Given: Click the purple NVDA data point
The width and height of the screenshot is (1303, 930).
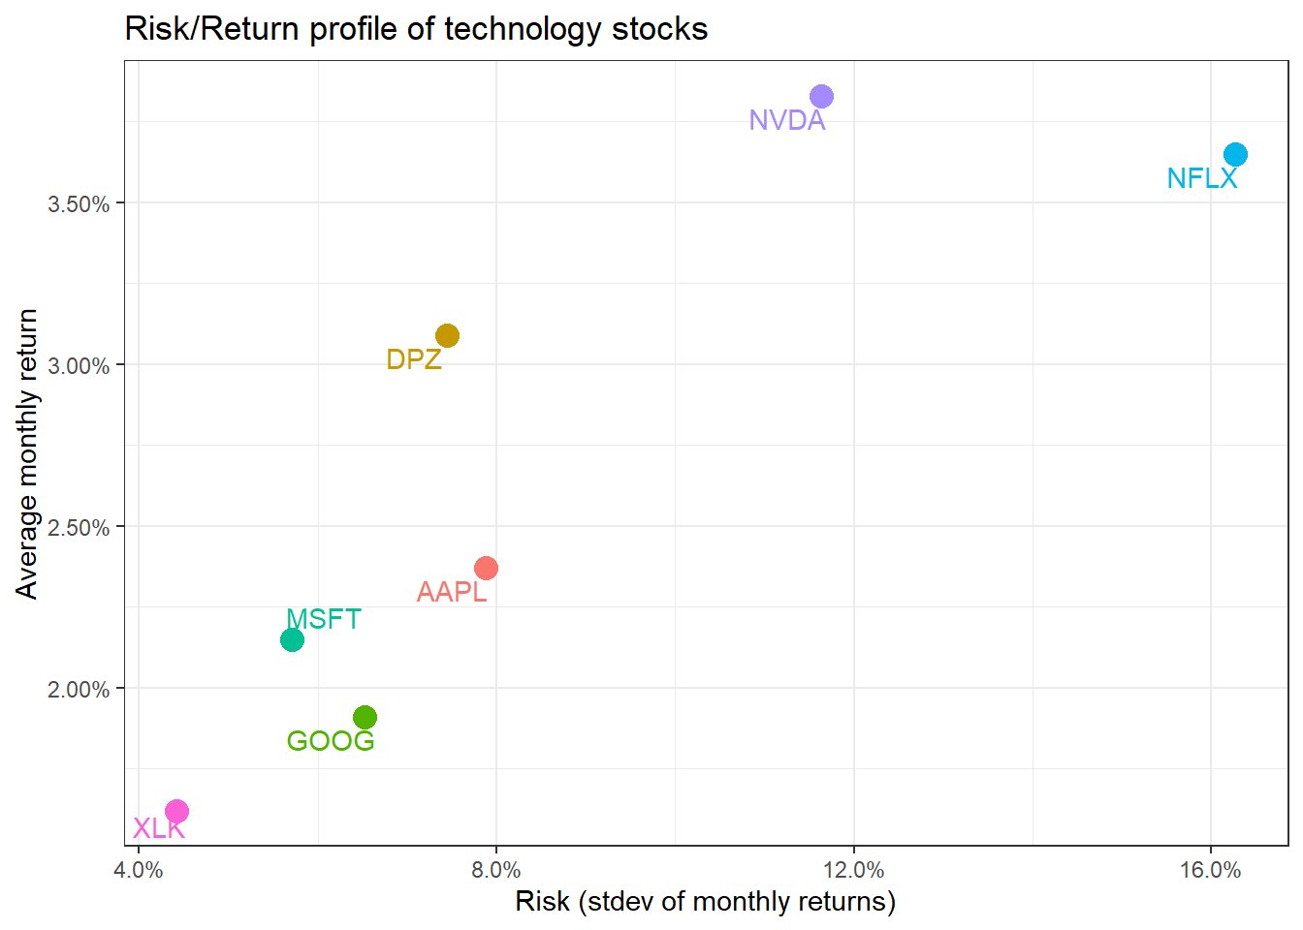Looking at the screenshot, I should pos(821,97).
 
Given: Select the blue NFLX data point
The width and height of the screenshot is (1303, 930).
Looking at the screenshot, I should pos(1235,155).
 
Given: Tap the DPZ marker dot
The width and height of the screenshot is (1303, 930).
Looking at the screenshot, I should pos(447,336).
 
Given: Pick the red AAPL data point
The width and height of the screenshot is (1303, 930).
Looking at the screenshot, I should pos(486,569).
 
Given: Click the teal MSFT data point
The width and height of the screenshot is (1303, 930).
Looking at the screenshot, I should pos(292,640).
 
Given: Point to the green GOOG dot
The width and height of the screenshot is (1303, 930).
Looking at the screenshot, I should pos(365,718).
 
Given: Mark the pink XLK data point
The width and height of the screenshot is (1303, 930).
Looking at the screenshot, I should pos(176,812).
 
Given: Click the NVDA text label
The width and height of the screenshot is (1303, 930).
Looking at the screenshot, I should pos(786,120).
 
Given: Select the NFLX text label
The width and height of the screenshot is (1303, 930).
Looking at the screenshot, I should pos(1201,178).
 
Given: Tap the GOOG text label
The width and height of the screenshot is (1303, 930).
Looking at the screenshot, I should pos(330,741).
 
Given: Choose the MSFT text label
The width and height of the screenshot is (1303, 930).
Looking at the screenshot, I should pos(324,619).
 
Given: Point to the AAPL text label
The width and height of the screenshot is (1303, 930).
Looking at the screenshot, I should pos(451,592).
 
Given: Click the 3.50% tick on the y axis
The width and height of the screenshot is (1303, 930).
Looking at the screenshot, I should pos(79,204).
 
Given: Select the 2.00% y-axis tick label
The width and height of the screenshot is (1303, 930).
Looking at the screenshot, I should pos(79,690).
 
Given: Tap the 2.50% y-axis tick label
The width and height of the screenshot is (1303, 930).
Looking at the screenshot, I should pos(79,528).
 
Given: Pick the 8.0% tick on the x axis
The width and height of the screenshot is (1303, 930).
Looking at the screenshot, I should pos(495,870).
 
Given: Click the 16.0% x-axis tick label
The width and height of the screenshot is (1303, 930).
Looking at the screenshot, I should pos(1210,870).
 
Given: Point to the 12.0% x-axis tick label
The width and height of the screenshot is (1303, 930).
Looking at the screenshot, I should pos(853,870).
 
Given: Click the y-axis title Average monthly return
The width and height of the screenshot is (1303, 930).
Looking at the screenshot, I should pos(27,454).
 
